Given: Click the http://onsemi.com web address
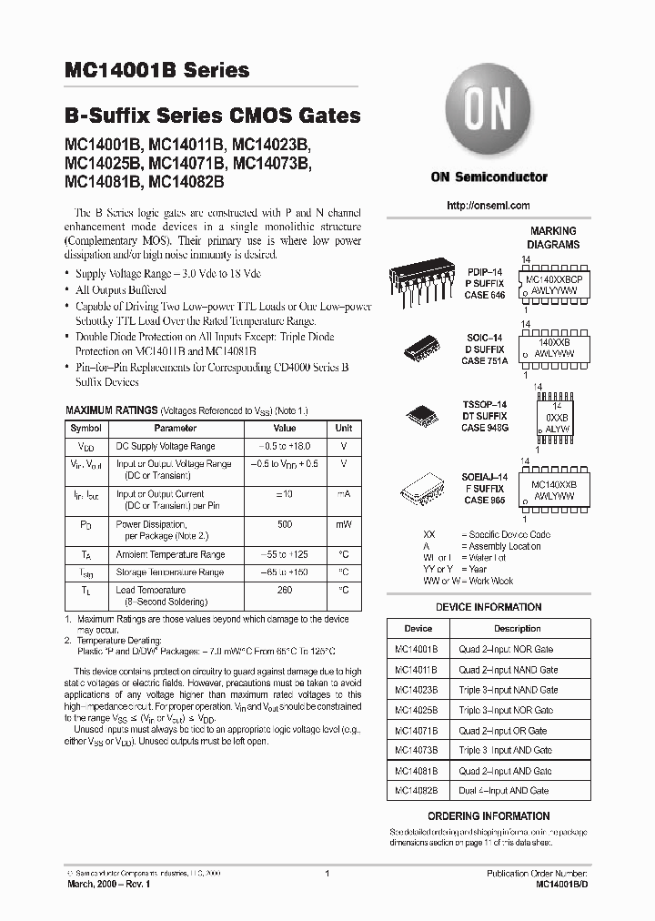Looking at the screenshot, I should point(489,206).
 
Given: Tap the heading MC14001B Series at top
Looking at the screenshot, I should point(156,70).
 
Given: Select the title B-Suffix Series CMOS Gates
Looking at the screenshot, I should point(212,116).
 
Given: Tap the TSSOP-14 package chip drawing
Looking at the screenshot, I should point(426,412).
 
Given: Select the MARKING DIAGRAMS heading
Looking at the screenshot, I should point(554,238).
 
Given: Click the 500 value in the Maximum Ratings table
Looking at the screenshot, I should point(285,524).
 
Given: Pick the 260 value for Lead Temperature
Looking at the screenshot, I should point(285,590).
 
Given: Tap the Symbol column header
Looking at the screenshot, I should point(86,428).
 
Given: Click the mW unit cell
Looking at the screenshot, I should point(343,524).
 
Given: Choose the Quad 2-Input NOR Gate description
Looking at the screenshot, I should point(506,649).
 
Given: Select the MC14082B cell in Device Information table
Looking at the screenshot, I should point(417,791).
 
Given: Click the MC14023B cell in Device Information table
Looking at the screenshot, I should point(417,690).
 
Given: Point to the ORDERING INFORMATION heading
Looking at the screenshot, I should point(489,816).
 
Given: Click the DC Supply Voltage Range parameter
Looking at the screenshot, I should point(166,447).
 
